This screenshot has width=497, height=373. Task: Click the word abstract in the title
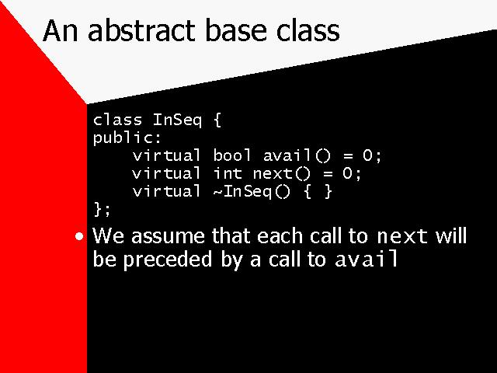pyautogui.click(x=141, y=30)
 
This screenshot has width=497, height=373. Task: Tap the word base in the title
pyautogui.click(x=236, y=30)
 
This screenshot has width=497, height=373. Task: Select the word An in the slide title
pyautogui.click(x=61, y=31)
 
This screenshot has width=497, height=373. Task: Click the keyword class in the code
pyautogui.click(x=117, y=120)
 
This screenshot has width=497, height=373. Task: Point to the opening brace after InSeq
pyautogui.click(x=217, y=120)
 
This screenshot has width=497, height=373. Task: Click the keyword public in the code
pyautogui.click(x=123, y=138)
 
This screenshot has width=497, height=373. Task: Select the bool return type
pyautogui.click(x=232, y=155)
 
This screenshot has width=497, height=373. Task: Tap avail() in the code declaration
pyautogui.click(x=297, y=155)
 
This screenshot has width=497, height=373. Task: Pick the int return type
pyautogui.click(x=228, y=173)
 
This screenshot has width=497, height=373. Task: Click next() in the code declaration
pyautogui.click(x=282, y=173)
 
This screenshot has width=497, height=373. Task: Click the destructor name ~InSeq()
pyautogui.click(x=252, y=192)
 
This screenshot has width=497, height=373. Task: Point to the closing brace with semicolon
pyautogui.click(x=102, y=209)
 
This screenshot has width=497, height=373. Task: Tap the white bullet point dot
pyautogui.click(x=79, y=236)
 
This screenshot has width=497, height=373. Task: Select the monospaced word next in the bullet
pyautogui.click(x=402, y=236)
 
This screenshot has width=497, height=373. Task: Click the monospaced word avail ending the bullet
pyautogui.click(x=366, y=259)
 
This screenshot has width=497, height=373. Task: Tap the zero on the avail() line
pyautogui.click(x=367, y=155)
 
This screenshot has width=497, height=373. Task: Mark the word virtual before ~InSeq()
pyautogui.click(x=166, y=191)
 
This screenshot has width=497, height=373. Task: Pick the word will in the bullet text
pyautogui.click(x=451, y=236)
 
